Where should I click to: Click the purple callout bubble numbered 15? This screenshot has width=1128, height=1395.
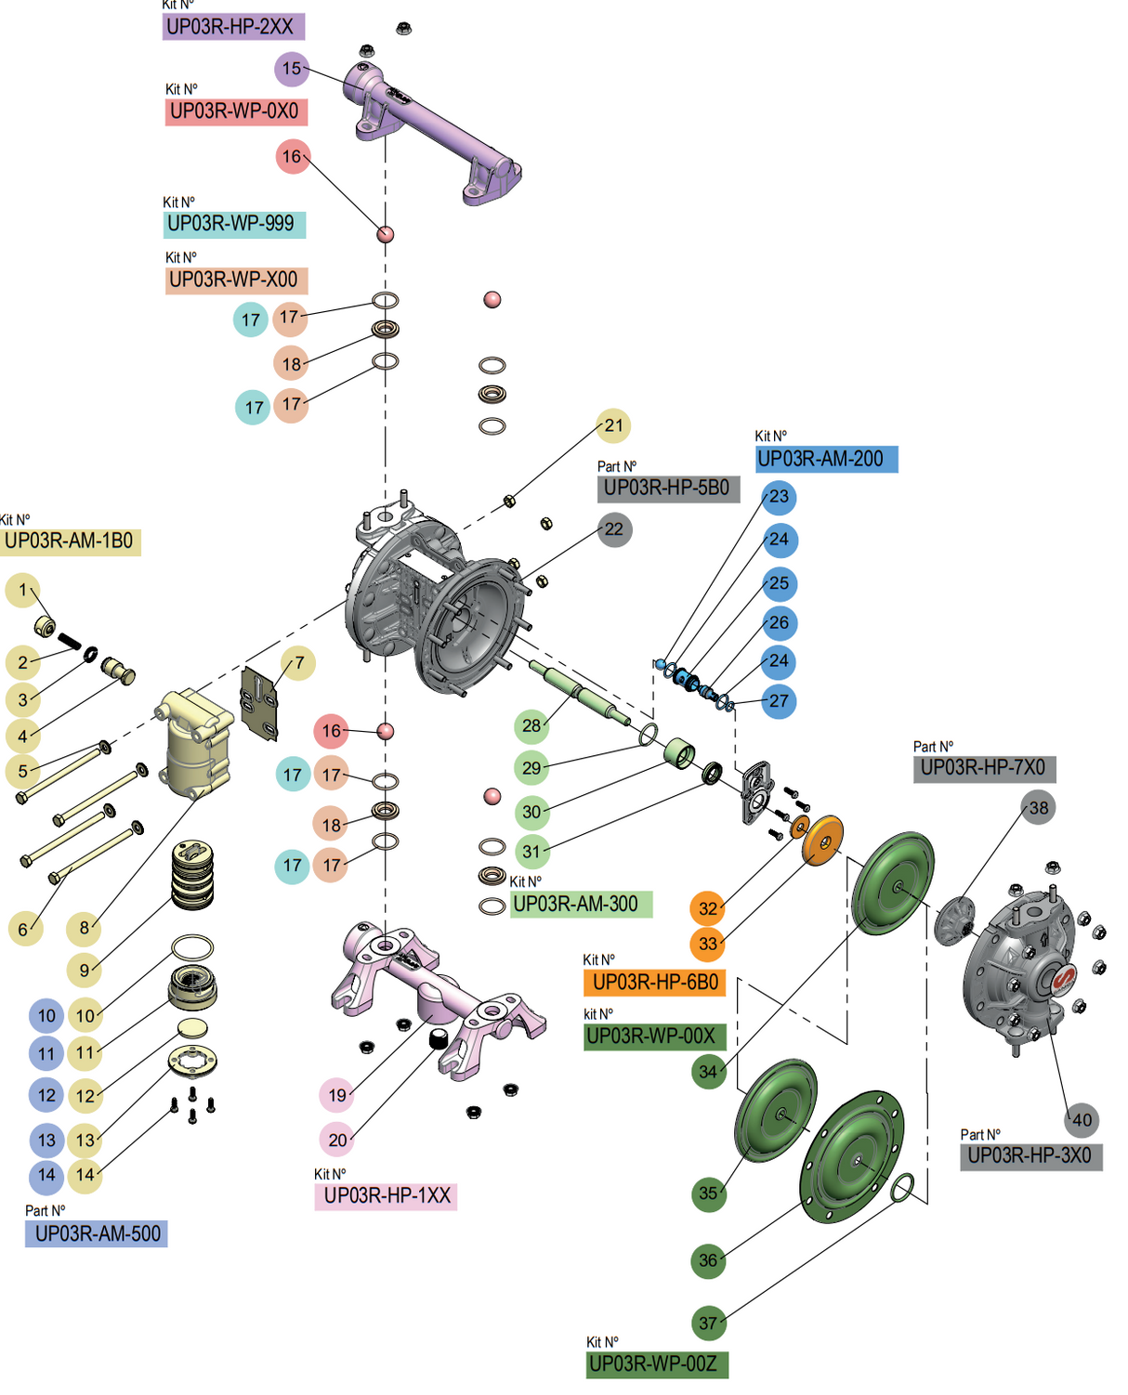click(292, 69)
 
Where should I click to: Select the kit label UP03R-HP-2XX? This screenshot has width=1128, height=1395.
click(233, 27)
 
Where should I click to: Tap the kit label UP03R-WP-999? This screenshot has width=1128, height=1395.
click(234, 224)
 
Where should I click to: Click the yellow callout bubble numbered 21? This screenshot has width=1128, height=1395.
click(613, 425)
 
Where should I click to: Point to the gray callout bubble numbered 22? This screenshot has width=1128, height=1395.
click(614, 529)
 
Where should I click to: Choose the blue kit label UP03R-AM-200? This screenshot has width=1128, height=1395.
click(826, 459)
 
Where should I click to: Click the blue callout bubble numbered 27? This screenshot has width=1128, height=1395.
click(779, 701)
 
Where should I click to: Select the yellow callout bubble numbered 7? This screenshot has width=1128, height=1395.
click(298, 663)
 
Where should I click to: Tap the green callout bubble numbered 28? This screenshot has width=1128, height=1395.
click(531, 725)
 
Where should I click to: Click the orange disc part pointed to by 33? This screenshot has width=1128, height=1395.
click(823, 841)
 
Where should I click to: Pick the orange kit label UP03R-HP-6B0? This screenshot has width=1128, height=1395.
click(654, 983)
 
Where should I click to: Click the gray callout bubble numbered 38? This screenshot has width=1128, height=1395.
click(1038, 808)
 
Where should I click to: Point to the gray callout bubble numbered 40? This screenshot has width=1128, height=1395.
click(1082, 1120)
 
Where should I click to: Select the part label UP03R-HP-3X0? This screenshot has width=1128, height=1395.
click(1030, 1156)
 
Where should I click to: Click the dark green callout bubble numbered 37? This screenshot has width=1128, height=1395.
click(708, 1323)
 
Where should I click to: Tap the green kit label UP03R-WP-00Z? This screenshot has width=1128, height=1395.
click(657, 1364)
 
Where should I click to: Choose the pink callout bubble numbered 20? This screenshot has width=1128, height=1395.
click(336, 1139)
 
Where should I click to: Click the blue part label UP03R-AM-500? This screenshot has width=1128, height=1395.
click(97, 1234)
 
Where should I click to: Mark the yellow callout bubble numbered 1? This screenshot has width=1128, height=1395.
click(23, 590)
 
